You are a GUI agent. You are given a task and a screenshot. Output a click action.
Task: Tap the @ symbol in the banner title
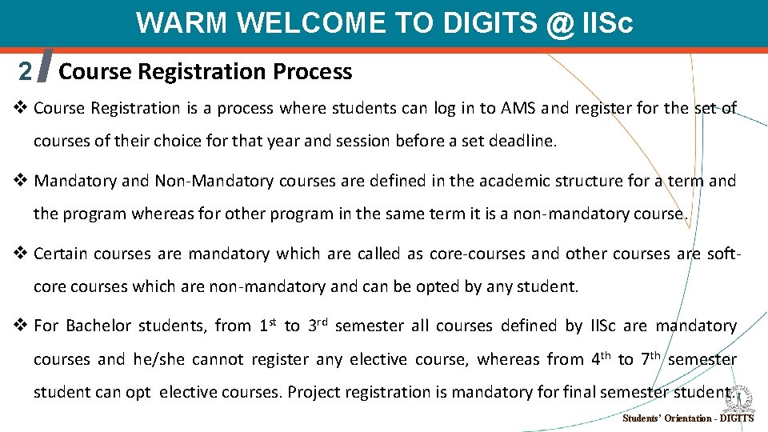(558, 23)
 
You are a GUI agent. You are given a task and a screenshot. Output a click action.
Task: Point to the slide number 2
(26, 72)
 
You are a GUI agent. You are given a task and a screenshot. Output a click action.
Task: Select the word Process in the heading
(313, 72)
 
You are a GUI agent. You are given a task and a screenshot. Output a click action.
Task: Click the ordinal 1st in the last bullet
(268, 325)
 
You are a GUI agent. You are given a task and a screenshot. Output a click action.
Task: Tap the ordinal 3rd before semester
(318, 325)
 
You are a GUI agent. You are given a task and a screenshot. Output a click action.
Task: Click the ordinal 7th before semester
(649, 358)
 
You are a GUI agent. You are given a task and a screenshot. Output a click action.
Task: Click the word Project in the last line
(312, 392)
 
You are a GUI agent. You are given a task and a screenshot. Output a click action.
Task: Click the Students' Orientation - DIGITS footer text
(687, 418)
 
